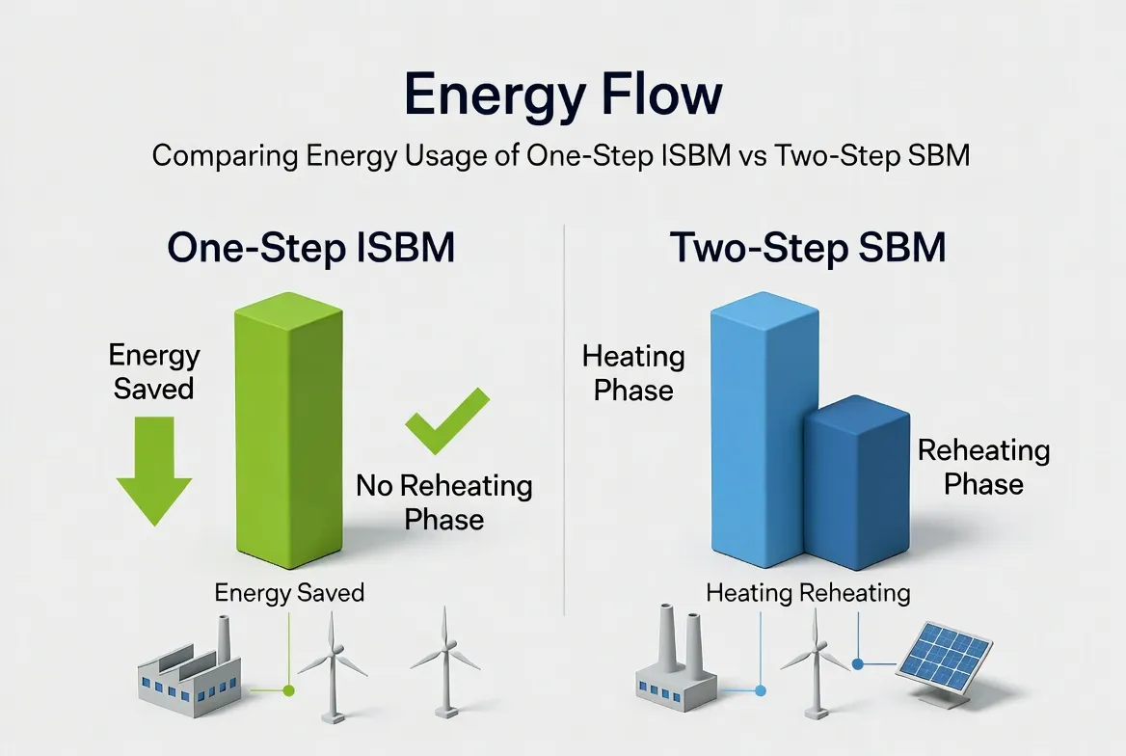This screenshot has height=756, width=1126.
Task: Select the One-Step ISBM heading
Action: pos(310,248)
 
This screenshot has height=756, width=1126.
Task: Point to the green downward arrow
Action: pos(153,471)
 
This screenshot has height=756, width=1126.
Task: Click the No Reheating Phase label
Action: pos(443,501)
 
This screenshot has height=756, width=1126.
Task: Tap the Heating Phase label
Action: pos(633,373)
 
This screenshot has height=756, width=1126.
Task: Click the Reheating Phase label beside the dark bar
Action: pos(983,466)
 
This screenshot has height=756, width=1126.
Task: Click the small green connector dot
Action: pos(287,690)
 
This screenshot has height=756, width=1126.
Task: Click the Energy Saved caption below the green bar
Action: pos(289,591)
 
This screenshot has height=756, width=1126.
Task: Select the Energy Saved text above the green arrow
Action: pos(153,371)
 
